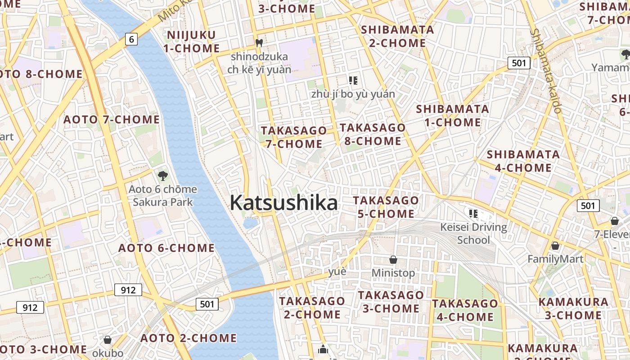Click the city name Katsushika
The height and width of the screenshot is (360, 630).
point(283,203)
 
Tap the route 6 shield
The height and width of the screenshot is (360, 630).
point(131,40)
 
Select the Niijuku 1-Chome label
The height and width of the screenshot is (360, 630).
point(193,41)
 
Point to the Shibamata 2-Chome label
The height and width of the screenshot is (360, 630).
point(397,36)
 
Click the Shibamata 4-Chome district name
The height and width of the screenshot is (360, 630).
point(523,161)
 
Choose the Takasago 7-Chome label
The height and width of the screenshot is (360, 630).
point(293,137)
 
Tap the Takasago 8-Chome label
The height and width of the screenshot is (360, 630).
point(373,134)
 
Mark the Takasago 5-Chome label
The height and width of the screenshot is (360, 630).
point(386,207)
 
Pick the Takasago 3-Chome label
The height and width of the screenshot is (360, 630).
point(391,302)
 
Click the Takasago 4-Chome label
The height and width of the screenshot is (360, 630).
point(465,310)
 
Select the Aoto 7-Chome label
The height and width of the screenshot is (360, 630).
point(111,119)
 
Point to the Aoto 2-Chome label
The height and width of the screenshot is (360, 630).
point(189,338)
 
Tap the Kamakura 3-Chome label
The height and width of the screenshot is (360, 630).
point(573,308)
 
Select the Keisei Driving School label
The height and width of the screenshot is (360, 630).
point(473,234)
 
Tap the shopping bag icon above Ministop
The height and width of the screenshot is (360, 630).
point(393,260)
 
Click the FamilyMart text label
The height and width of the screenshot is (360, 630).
point(555,259)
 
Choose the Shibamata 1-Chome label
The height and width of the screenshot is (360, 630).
point(452,116)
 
